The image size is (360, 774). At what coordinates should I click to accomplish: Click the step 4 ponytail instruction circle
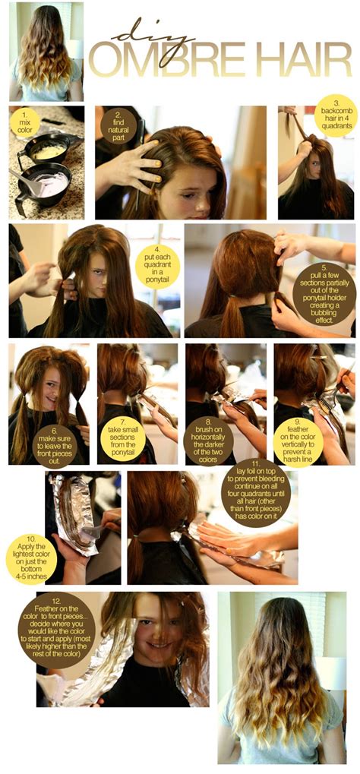[157, 266]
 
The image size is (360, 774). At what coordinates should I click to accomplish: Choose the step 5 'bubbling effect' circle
[324, 292]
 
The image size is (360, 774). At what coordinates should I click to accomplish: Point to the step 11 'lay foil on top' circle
[256, 493]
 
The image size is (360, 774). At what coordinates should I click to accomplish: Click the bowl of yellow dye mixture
[49, 152]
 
